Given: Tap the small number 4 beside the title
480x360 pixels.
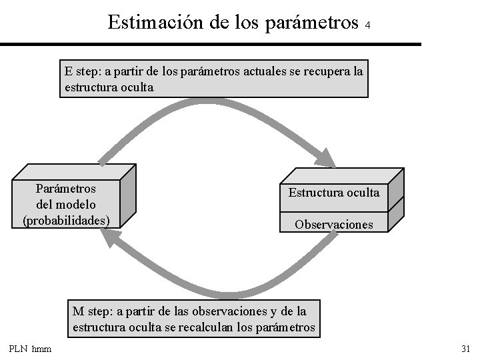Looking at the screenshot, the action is (367, 25).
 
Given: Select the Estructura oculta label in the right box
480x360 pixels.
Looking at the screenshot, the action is (333, 193).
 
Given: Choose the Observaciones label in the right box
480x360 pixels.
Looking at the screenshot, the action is (334, 225).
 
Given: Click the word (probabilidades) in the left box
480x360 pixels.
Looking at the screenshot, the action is (66, 219).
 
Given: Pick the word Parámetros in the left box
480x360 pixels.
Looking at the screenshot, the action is (66, 189).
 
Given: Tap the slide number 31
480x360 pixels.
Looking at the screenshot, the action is (465, 349).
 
